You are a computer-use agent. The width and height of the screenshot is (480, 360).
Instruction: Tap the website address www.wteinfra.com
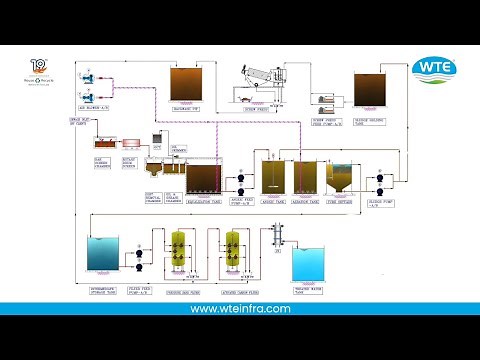pos(240,309)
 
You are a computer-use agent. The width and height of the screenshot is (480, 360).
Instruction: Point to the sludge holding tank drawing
pos(373,90)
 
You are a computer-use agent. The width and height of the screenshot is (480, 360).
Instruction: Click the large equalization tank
pos(205,178)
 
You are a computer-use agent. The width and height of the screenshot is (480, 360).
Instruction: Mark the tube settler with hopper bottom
pos(339,179)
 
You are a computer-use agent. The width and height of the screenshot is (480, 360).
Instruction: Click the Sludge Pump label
pos(389,199)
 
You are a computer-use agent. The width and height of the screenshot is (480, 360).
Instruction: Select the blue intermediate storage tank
pos(103,257)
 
